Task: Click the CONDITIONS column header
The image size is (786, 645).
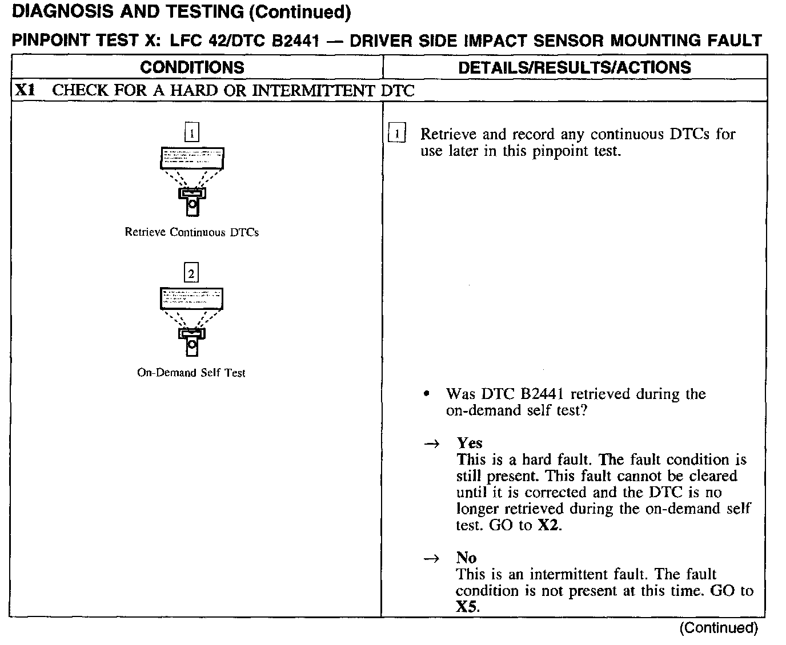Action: coord(192,67)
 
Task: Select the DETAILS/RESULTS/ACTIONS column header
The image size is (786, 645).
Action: coord(575,67)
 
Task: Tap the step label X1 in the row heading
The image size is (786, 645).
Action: coord(26,90)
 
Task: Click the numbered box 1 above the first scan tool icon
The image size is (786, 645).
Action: coord(192,133)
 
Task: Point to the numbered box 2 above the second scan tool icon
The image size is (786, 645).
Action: coord(191,273)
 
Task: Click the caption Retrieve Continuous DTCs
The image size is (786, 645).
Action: coord(191,232)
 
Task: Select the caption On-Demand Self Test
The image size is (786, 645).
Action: coord(191,373)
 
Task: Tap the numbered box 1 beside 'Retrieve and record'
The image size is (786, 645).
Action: coord(396,134)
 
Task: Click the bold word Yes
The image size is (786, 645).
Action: coord(470,443)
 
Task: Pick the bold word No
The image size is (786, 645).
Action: coord(466,558)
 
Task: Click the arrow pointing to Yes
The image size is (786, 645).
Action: coord(433,444)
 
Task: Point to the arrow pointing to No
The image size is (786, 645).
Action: coord(433,558)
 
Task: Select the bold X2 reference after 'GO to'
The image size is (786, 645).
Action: coord(548,525)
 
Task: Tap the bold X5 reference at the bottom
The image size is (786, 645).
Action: coord(466,607)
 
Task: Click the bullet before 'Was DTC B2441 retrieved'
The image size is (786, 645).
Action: coord(427,394)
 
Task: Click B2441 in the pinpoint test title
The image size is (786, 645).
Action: coord(291,41)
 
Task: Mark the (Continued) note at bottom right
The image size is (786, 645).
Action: coord(718,628)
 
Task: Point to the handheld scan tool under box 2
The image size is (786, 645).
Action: coord(192,342)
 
